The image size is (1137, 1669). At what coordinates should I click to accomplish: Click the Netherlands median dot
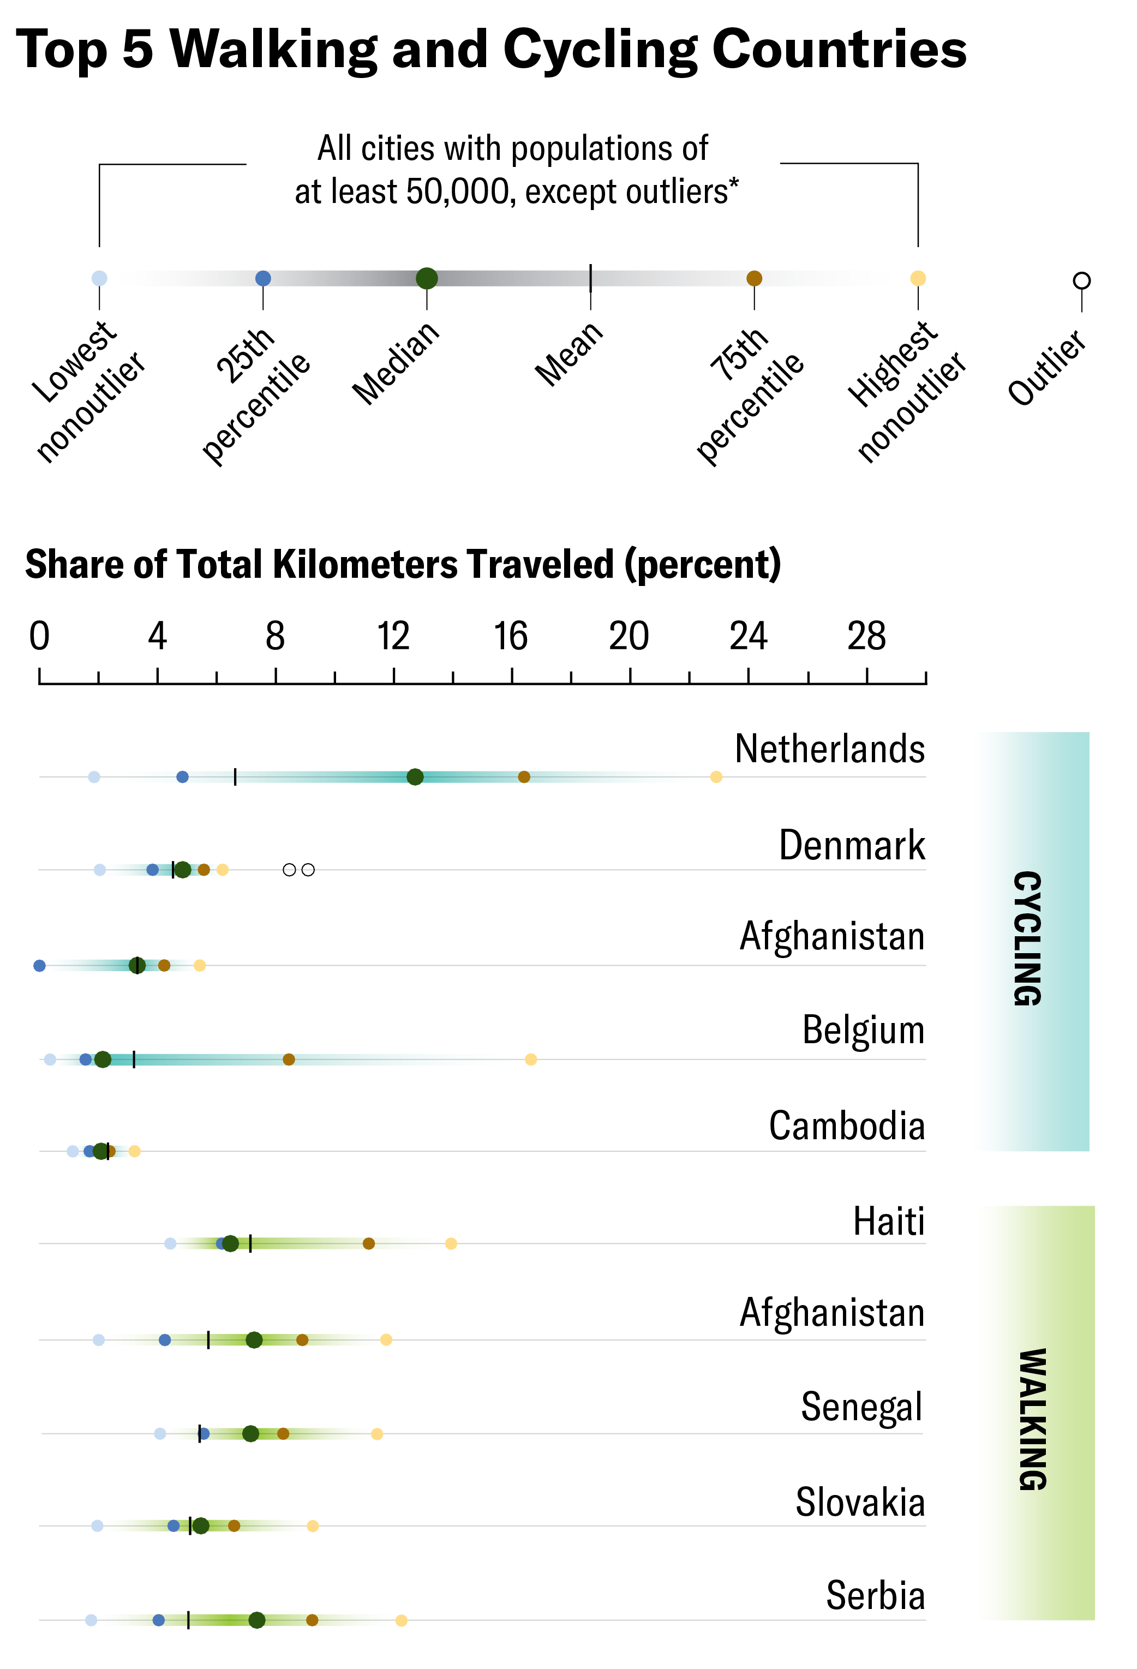415,776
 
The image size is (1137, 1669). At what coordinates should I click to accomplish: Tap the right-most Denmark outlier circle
308,870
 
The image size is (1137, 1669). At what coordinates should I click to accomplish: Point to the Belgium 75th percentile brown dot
289,1059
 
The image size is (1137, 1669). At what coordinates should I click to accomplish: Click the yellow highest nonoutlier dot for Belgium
531,1059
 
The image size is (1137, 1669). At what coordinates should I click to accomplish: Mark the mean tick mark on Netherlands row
235,776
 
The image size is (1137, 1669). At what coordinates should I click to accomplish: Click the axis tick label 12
393,636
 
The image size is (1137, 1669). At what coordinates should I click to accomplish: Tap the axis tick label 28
866,636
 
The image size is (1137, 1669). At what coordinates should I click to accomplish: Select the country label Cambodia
846,1126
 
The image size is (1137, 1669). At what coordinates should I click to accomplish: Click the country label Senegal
860,1406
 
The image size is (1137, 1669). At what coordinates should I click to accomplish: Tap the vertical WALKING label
1033,1419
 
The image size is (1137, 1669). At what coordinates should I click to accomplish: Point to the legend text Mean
569,354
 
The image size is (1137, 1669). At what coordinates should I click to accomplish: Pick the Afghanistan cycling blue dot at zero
39,965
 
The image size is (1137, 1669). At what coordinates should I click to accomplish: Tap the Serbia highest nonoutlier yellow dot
402,1620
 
